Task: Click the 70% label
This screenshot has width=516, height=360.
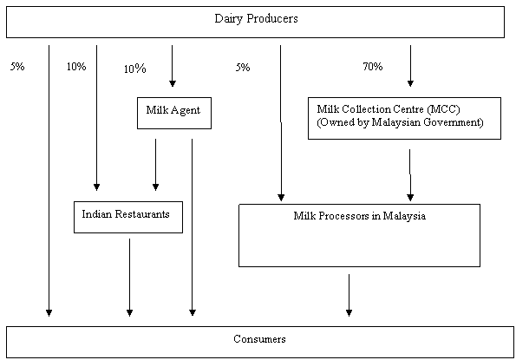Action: (x=373, y=67)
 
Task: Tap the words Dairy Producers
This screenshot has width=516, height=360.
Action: (x=256, y=18)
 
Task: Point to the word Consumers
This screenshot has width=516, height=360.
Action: (x=259, y=339)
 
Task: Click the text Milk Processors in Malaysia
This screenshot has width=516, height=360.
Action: (x=359, y=216)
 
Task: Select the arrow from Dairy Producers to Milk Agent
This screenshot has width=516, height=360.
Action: (x=172, y=66)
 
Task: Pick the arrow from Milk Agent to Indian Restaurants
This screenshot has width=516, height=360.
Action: (x=155, y=165)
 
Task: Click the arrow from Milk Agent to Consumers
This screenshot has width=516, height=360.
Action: (x=193, y=227)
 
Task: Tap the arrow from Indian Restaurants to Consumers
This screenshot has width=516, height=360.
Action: (x=130, y=278)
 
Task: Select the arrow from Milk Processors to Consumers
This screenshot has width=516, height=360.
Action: (x=349, y=295)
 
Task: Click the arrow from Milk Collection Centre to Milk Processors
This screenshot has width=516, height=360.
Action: (x=410, y=175)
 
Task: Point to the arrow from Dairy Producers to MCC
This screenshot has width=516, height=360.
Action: (x=410, y=66)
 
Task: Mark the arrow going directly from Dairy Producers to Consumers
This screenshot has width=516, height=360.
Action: (x=49, y=180)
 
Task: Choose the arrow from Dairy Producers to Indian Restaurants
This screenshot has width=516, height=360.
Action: (x=96, y=118)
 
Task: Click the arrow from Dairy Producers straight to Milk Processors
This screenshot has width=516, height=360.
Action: (x=281, y=123)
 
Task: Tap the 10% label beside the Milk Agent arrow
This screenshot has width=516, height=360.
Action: (x=135, y=69)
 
